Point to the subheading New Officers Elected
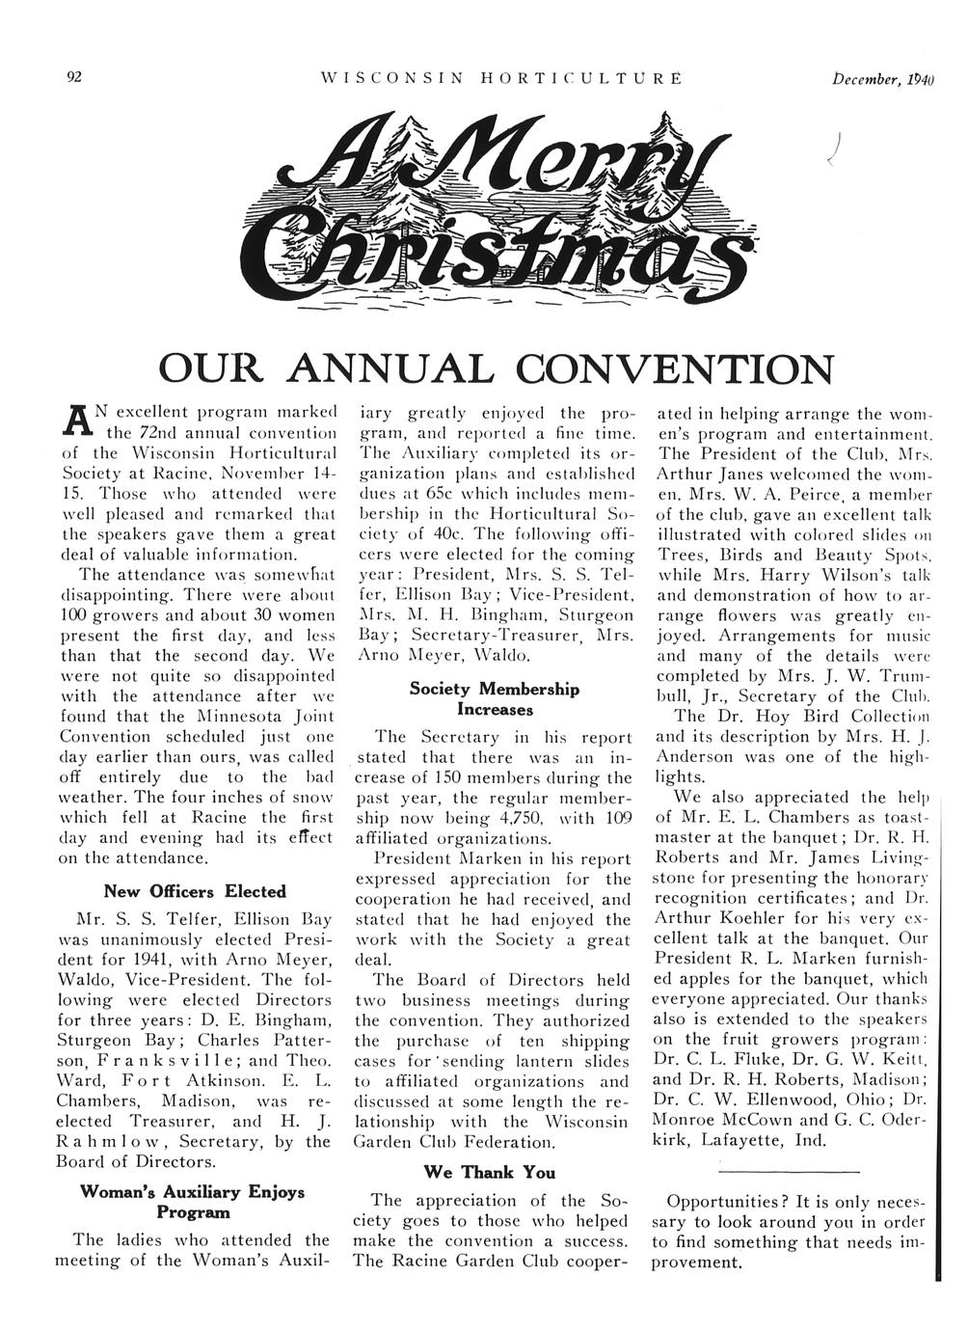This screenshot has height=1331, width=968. click(195, 891)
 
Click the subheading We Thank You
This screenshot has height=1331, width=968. click(490, 1172)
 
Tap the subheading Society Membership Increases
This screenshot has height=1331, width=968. click(494, 699)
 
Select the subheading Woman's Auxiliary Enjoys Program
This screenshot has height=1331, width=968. click(192, 1201)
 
